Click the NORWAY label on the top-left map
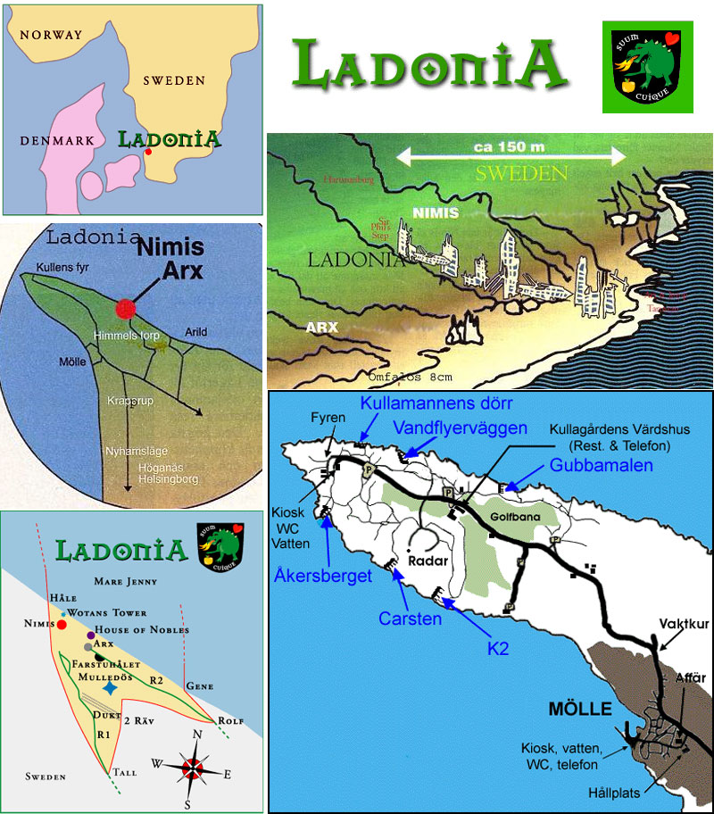point(51,36)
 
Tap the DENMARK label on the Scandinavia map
point(53,141)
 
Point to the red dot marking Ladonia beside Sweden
point(148,153)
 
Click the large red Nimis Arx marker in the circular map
point(128,308)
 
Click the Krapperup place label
point(130,402)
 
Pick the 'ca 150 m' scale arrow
point(511,157)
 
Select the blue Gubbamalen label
point(601,466)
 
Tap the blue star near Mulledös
point(108,689)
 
